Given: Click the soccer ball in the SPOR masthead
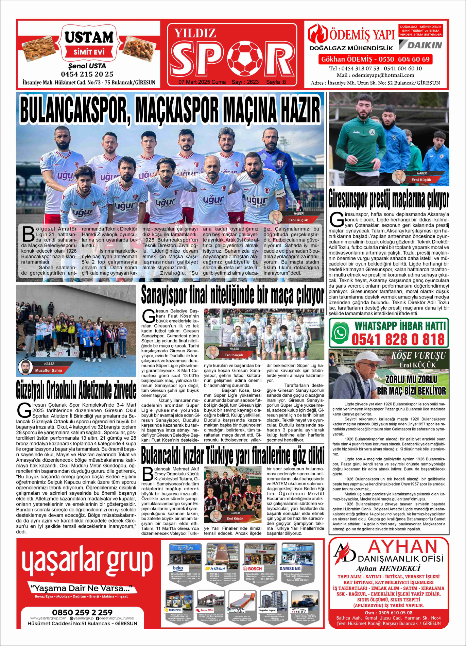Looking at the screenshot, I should (x=244, y=58).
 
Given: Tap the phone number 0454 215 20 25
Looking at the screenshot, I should (x=87, y=74).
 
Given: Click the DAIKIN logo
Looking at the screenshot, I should (x=421, y=45).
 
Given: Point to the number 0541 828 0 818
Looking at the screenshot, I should (x=398, y=339).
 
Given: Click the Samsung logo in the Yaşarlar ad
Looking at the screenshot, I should (x=290, y=568).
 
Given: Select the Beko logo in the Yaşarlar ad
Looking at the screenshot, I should (x=178, y=568).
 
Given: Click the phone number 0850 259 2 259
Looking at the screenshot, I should (x=82, y=612).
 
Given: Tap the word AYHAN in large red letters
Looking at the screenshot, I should (x=402, y=547).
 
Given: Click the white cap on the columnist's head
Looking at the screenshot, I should (x=368, y=357).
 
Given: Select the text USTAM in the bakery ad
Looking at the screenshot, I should (x=89, y=37).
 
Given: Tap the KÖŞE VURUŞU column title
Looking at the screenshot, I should (x=418, y=356).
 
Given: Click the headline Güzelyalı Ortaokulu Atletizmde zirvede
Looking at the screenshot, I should (x=76, y=390).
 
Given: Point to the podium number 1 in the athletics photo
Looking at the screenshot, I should (x=68, y=353).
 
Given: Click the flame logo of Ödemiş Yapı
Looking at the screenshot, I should (x=317, y=34).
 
